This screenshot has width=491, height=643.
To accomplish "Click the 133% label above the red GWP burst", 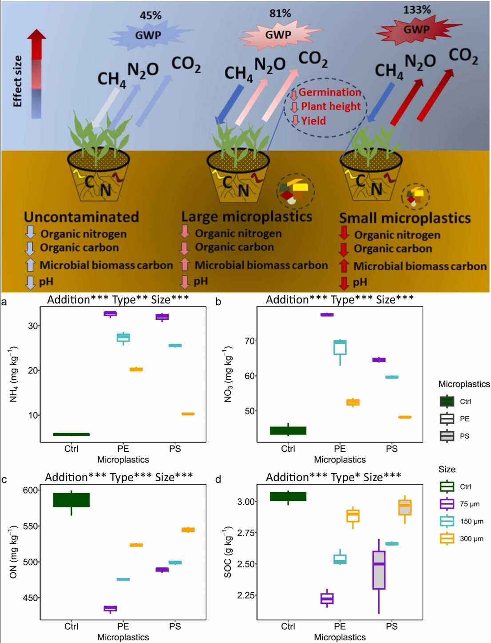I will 416,10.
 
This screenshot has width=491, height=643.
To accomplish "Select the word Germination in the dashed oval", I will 329,92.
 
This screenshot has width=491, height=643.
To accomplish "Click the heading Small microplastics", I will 405,218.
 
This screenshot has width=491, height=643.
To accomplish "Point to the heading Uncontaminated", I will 81,217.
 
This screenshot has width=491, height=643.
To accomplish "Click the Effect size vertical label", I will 17,81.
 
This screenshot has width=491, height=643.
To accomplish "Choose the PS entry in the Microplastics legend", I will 464,436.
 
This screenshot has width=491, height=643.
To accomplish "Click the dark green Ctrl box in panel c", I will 71,500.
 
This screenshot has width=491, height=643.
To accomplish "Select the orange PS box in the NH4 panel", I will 188,414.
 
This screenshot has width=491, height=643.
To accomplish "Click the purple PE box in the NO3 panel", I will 327,315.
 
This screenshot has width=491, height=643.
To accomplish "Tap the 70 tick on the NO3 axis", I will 250,341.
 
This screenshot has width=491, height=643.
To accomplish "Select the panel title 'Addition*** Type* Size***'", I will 333,477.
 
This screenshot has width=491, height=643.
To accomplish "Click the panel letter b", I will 218,302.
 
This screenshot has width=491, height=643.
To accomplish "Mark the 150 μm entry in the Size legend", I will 471,522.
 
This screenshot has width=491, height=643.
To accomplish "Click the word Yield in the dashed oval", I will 313,121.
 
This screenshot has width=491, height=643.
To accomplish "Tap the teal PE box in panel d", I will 340,559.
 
